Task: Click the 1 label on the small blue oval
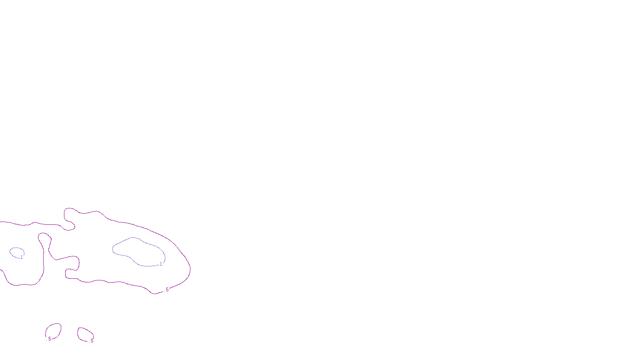pyautogui.click(x=22, y=257)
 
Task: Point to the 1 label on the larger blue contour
pyautogui.click(x=161, y=264)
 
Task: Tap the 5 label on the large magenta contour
pyautogui.click(x=167, y=290)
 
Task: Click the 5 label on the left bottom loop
pyautogui.click(x=50, y=339)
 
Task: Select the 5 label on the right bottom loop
pyautogui.click(x=92, y=341)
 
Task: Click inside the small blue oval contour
pyautogui.click(x=16, y=252)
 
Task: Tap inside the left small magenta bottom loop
pyautogui.click(x=54, y=331)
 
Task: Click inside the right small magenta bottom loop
pyautogui.click(x=85, y=334)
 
